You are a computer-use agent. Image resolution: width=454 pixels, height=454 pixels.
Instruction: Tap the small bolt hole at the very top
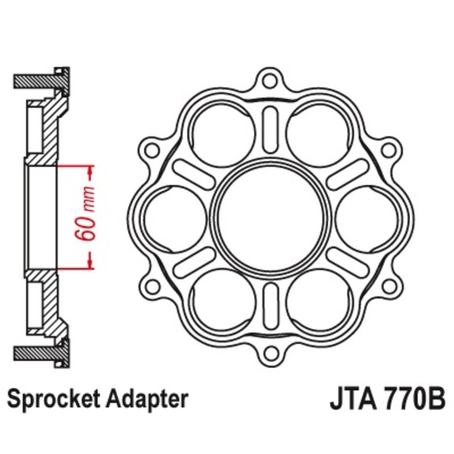point(271,79)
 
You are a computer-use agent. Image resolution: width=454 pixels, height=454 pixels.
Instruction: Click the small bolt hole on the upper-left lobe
point(152,150)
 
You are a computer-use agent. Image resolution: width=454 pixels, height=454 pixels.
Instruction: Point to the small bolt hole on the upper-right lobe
point(389,150)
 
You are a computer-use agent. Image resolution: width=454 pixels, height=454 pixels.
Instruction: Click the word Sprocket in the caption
point(53,400)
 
